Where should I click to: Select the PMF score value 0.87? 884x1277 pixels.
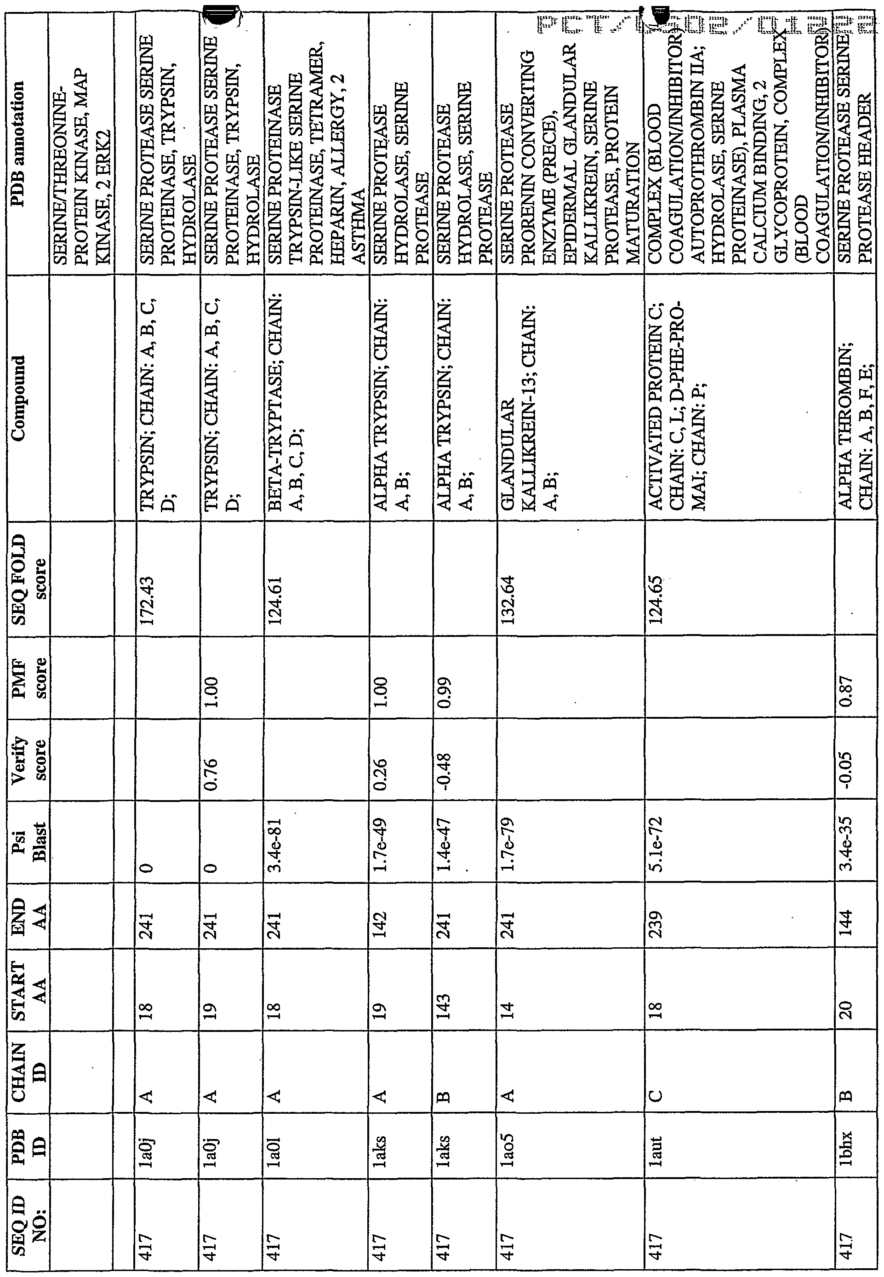(x=847, y=693)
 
